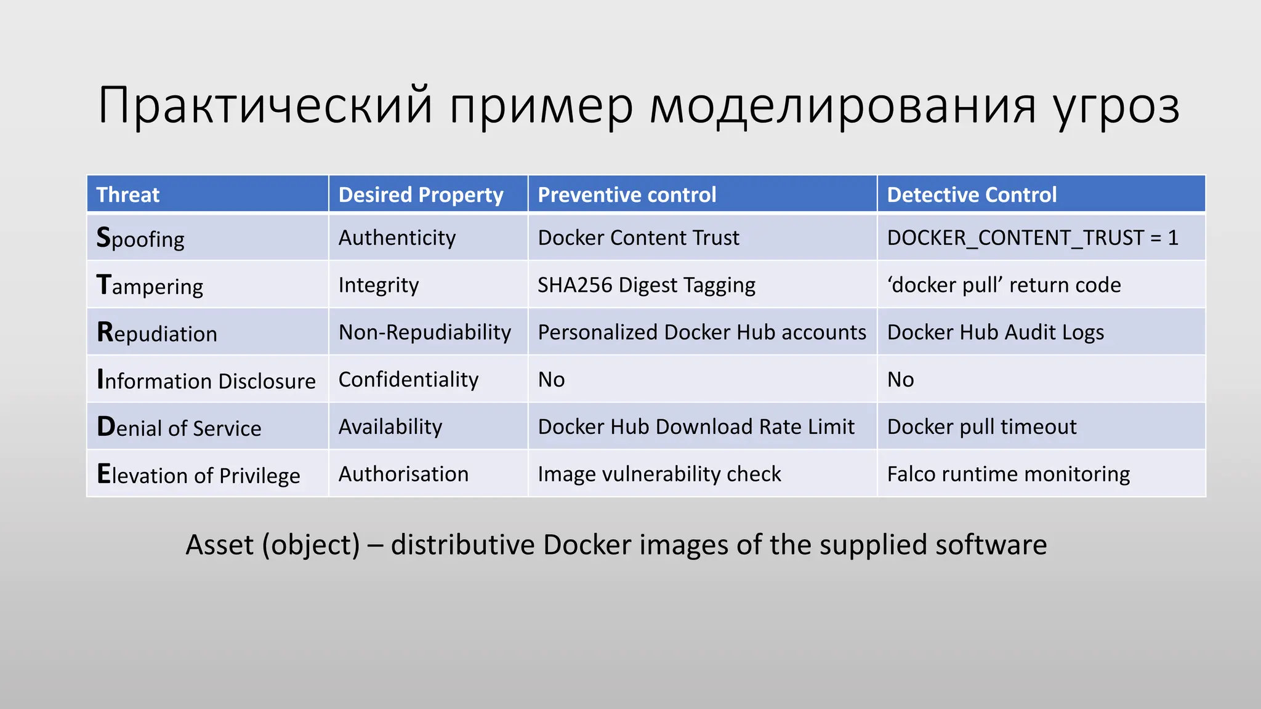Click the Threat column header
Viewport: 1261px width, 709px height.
[x=128, y=194]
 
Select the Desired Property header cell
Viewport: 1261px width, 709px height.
[x=421, y=194]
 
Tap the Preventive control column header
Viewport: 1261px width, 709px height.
[x=627, y=194]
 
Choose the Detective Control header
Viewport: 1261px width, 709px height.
[x=972, y=194]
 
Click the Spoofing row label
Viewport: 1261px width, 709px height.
[x=140, y=238]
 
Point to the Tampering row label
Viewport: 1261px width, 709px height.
[x=150, y=286]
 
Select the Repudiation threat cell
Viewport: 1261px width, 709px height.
[x=157, y=333]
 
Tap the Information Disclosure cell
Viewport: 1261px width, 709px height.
[x=206, y=380]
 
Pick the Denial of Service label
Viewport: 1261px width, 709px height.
[x=179, y=427]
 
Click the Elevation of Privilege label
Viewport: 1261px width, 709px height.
[x=198, y=475]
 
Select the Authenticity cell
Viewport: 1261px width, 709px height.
[x=397, y=238]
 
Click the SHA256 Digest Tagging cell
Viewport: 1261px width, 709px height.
[x=647, y=285]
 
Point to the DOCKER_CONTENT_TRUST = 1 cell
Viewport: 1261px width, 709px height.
[x=1033, y=238]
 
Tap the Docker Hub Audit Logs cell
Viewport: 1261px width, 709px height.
[x=995, y=332]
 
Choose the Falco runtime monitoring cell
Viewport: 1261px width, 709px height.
[x=1009, y=474]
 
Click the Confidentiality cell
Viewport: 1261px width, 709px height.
[x=408, y=379]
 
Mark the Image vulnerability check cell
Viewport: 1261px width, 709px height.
[x=659, y=474]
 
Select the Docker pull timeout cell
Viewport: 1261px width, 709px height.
[x=981, y=427]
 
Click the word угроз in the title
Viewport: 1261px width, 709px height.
[x=1116, y=106]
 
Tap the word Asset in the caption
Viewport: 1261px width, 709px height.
[x=219, y=545]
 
